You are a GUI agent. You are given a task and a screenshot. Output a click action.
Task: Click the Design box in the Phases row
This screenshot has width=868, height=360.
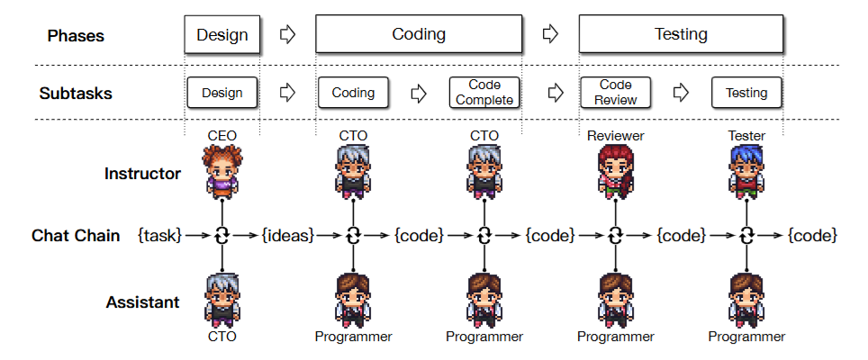(222, 35)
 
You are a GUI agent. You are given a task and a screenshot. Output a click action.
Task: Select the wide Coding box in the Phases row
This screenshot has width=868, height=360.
(419, 35)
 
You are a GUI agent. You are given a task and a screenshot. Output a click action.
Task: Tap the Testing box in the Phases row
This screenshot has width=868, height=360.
(680, 35)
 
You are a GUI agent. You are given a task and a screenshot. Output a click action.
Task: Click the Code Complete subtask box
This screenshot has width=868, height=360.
(484, 93)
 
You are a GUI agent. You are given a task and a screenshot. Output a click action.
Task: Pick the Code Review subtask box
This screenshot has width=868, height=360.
(615, 93)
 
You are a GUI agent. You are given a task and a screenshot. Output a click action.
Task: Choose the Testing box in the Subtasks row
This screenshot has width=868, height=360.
(746, 93)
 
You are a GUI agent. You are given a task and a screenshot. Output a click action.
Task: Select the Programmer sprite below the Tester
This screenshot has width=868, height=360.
(746, 300)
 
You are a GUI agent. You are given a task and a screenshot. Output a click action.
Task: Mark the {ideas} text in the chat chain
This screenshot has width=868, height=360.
(287, 236)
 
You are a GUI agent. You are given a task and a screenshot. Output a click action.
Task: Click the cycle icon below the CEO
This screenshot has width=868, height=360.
(222, 236)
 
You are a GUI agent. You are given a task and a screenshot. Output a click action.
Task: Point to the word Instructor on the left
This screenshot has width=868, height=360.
(142, 173)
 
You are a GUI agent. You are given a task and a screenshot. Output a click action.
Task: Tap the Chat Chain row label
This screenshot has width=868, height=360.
(76, 236)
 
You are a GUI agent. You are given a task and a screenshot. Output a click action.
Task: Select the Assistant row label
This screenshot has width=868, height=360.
(143, 302)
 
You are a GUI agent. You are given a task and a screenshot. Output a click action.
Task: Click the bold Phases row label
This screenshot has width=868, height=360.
(76, 36)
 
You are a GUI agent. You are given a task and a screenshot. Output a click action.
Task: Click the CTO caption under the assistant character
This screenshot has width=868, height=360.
(222, 337)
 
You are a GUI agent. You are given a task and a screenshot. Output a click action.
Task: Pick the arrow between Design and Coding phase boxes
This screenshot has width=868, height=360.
(287, 35)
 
